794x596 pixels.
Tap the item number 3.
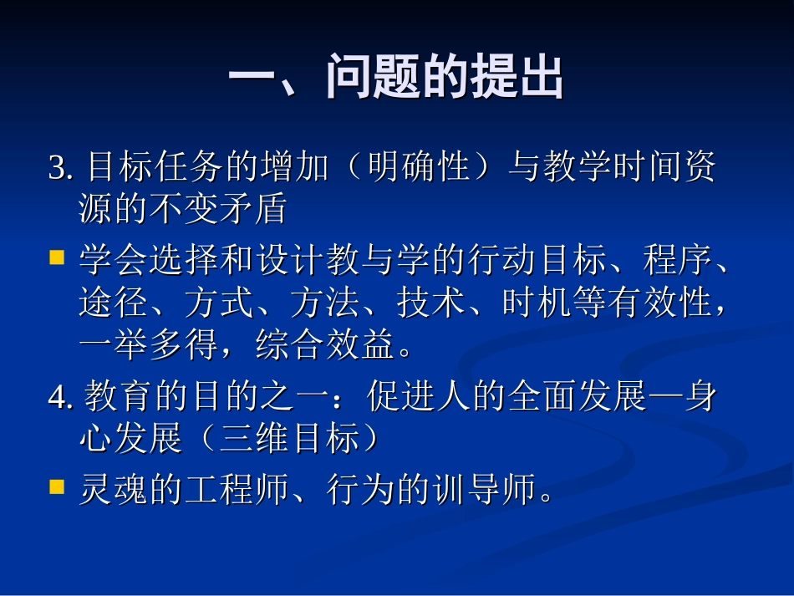[59, 169]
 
